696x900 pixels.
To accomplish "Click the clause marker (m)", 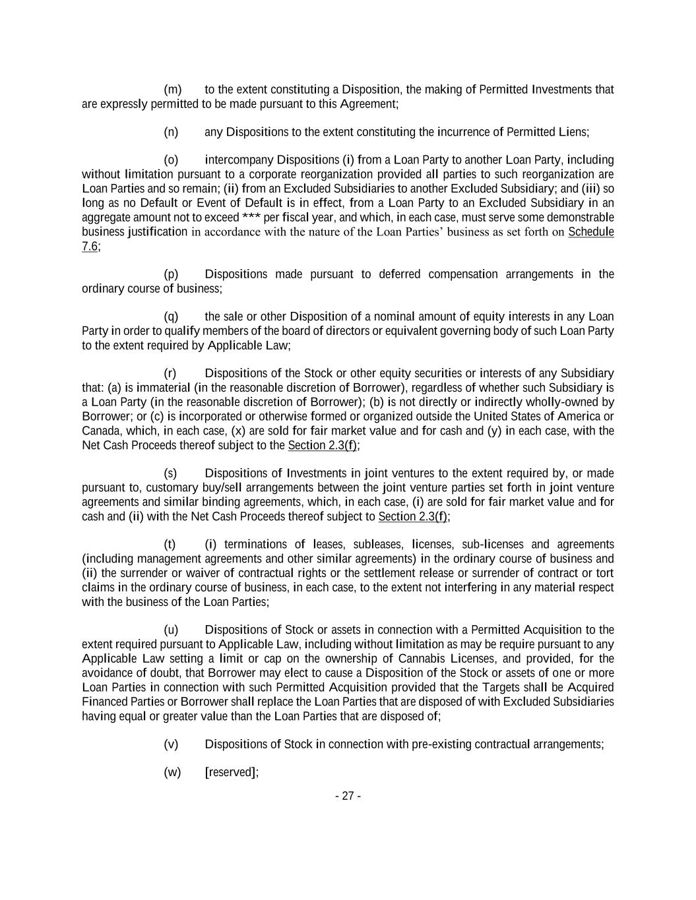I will coord(172,90).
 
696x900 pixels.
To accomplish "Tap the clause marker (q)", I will coord(172,316).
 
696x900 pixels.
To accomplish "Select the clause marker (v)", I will coord(172,744).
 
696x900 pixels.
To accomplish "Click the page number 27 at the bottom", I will coord(348,796).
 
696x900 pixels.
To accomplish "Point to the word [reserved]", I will coord(231,773).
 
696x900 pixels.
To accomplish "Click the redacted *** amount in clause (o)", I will coord(251,218).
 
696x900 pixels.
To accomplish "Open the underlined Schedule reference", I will coord(590,231).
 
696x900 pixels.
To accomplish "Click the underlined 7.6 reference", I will coord(90,246).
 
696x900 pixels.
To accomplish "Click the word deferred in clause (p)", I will coord(399,274).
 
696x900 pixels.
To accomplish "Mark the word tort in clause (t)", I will coord(606,573).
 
